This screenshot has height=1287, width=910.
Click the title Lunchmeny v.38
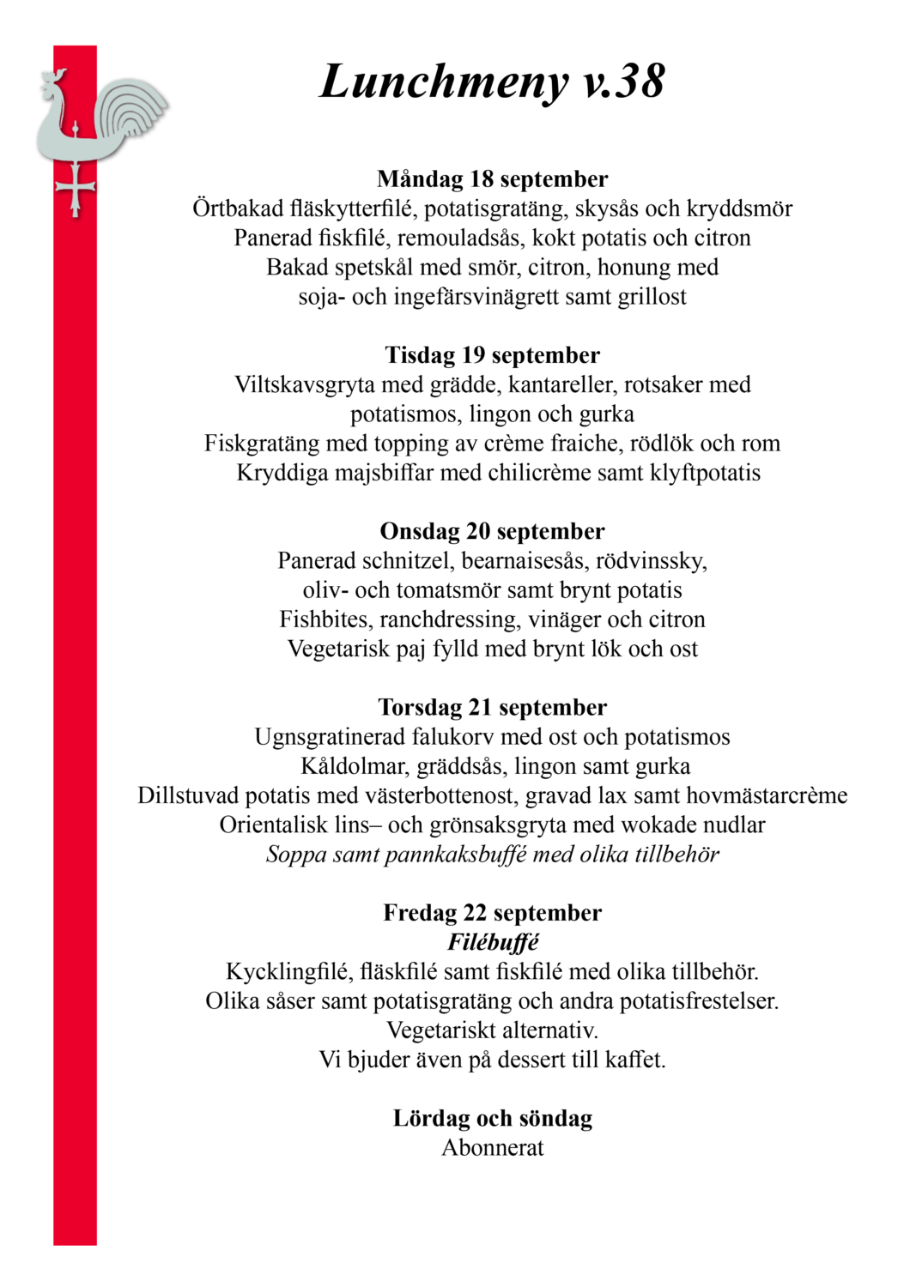[492, 82]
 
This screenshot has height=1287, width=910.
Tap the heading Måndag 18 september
[492, 179]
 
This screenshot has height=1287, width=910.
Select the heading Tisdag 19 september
[492, 355]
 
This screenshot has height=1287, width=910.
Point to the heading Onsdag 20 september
[492, 531]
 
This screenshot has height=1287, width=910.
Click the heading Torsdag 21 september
[492, 707]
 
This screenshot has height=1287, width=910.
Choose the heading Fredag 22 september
[492, 913]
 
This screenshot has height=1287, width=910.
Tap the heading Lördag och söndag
[492, 1118]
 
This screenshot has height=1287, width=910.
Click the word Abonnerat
[492, 1148]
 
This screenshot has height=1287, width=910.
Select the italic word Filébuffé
[492, 942]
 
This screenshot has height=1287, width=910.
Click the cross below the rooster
[76, 189]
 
